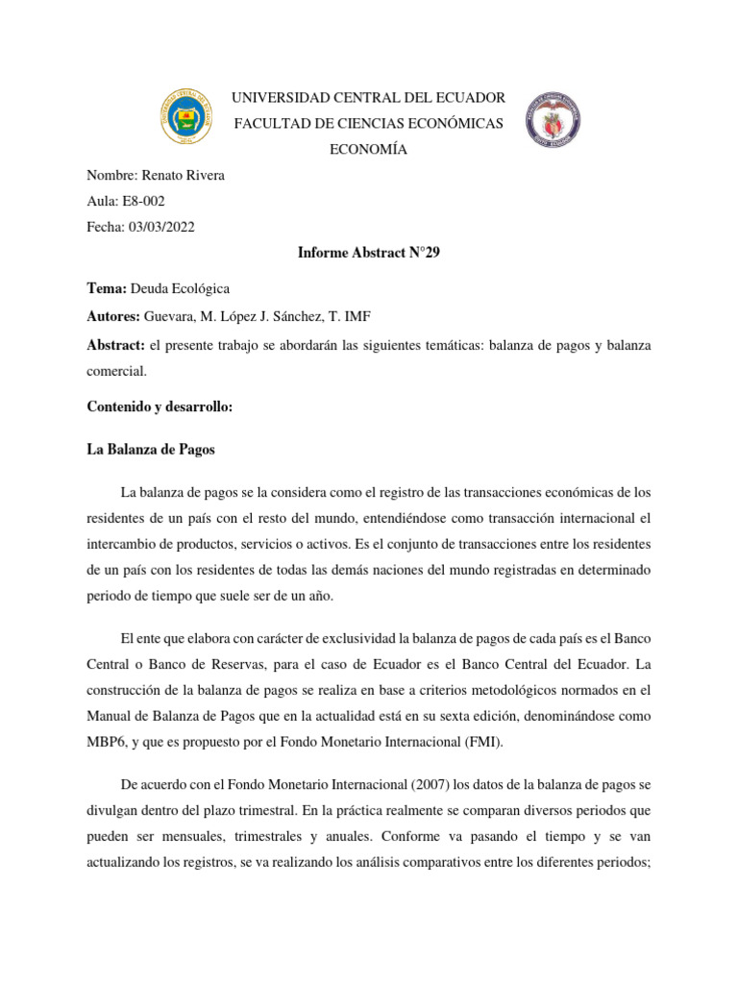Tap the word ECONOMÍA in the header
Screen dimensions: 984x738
368,150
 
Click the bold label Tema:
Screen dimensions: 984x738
108,288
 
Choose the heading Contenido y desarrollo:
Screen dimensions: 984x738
160,407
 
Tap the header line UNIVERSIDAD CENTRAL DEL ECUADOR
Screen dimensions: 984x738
369,99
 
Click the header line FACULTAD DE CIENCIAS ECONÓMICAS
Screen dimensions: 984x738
369,125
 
